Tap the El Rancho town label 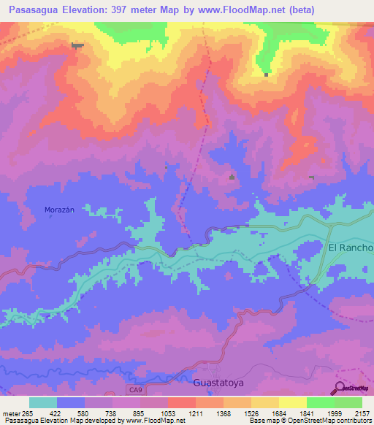tap(351, 248)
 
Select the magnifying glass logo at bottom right tap(340, 387)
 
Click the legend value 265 tap(27, 413)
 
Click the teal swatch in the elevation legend tap(43, 402)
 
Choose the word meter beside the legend tap(10, 413)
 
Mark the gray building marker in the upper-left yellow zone tap(77, 45)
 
